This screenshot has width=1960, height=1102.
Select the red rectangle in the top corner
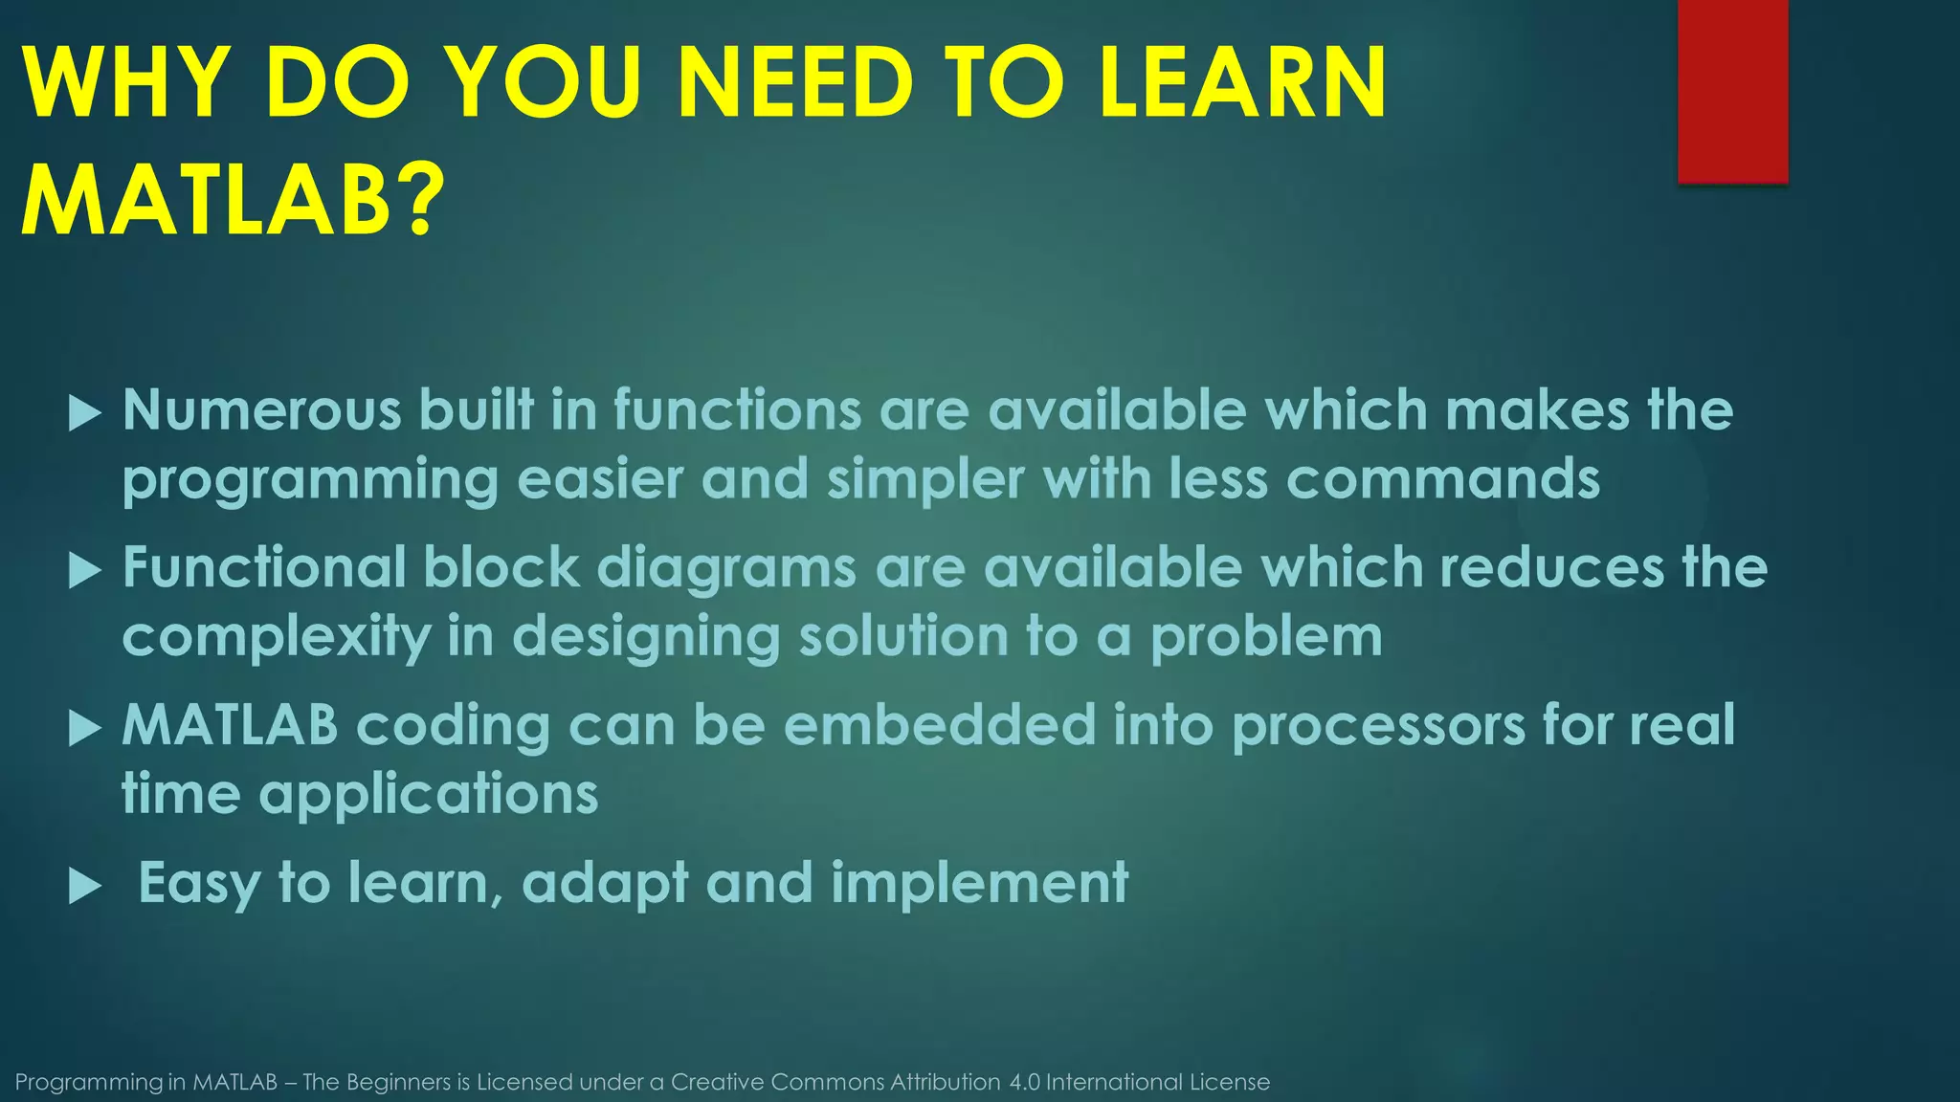pyautogui.click(x=1732, y=91)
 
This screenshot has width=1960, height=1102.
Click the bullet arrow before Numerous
pyautogui.click(x=85, y=414)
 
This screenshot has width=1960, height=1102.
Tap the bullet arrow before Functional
pyautogui.click(x=85, y=572)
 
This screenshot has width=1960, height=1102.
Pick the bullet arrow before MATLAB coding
pyautogui.click(x=85, y=730)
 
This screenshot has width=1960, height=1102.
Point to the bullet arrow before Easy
pyautogui.click(x=85, y=888)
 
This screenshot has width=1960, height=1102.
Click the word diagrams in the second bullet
pyautogui.click(x=726, y=568)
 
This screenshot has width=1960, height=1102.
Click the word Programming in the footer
pyautogui.click(x=89, y=1083)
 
